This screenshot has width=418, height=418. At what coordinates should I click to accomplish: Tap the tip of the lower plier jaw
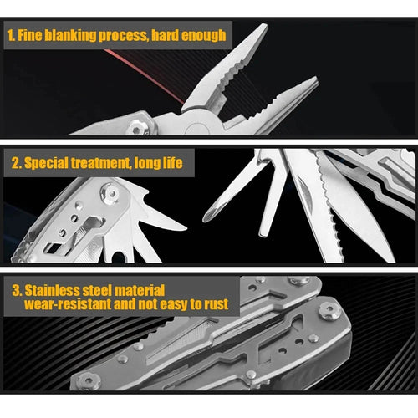[314, 81]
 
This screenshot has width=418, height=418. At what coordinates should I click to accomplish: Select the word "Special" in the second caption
[48, 163]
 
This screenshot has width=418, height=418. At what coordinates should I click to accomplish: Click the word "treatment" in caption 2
[106, 163]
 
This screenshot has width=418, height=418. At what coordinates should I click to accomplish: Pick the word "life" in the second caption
[170, 163]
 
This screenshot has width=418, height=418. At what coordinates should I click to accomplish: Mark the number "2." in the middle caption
[15, 163]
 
